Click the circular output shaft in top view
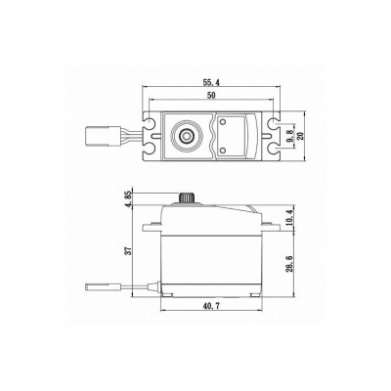(185, 131)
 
